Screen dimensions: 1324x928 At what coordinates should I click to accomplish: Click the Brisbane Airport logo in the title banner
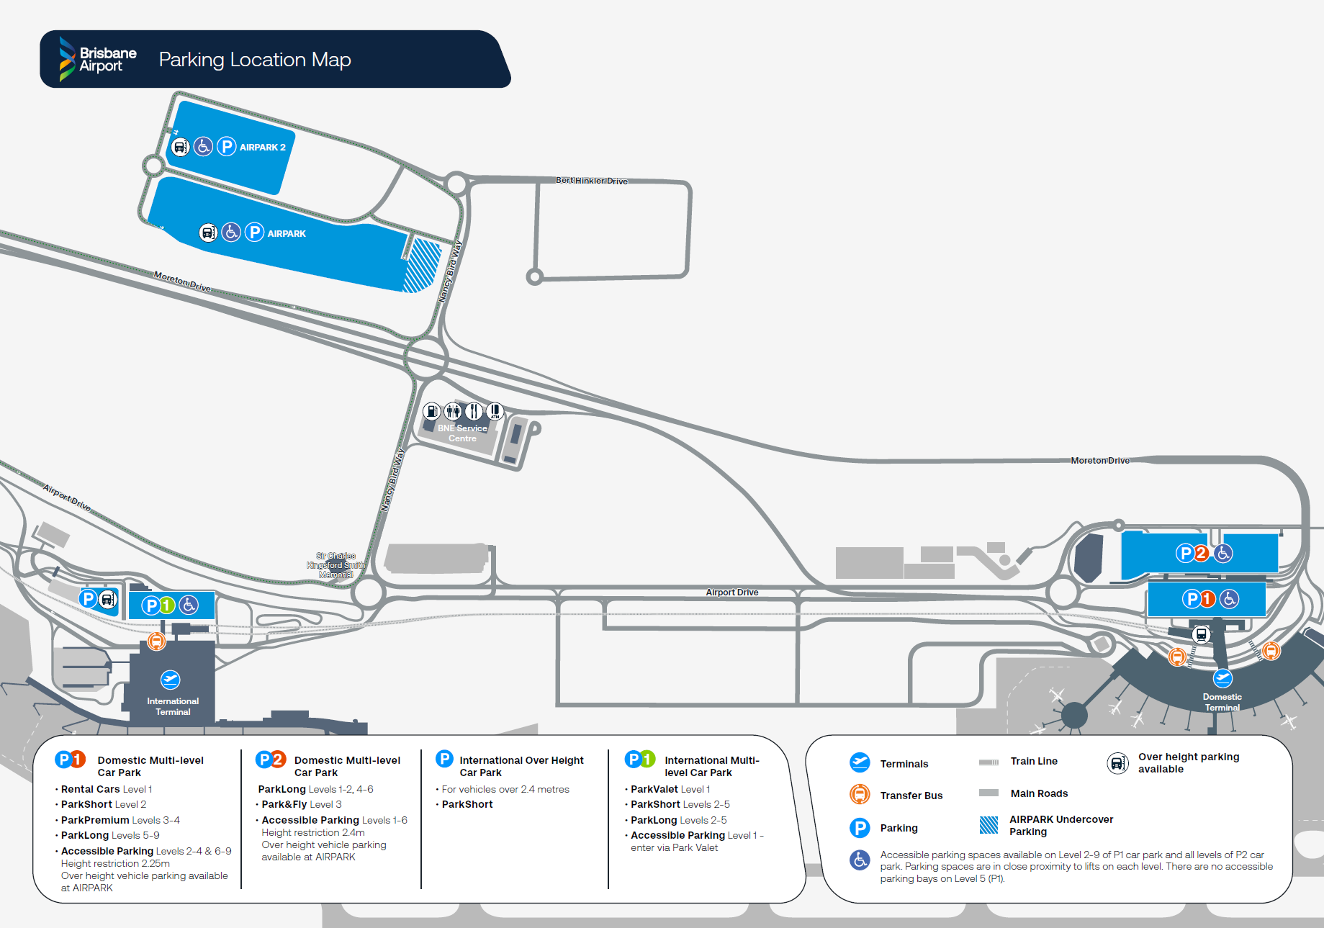(98, 59)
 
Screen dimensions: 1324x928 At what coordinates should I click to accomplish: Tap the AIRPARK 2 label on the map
(263, 148)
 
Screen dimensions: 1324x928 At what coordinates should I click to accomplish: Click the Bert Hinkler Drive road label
(592, 181)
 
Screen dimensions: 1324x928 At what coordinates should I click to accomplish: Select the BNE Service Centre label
(462, 433)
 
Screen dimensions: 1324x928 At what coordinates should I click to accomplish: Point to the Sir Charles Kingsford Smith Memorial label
(336, 565)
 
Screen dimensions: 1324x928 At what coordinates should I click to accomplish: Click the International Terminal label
(173, 706)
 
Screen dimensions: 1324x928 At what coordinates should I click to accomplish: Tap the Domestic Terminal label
(1222, 702)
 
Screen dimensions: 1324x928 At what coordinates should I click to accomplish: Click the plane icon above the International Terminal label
(171, 679)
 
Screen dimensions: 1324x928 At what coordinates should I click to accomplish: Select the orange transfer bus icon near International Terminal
(156, 640)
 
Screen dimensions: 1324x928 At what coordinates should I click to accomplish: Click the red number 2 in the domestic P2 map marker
(1201, 553)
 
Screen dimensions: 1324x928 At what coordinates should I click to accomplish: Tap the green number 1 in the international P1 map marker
(167, 605)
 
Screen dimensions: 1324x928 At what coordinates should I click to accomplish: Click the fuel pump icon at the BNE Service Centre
(431, 411)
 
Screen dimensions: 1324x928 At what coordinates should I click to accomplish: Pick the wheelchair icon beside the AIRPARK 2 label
(204, 147)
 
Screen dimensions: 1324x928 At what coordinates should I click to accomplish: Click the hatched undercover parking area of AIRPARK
(422, 266)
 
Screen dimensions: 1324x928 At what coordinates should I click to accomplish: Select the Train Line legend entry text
(1034, 761)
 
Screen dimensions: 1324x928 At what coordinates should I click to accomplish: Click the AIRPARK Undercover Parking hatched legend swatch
(989, 825)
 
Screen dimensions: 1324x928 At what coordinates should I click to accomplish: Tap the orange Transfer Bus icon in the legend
(860, 794)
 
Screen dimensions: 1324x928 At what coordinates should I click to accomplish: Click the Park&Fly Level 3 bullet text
(302, 804)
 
